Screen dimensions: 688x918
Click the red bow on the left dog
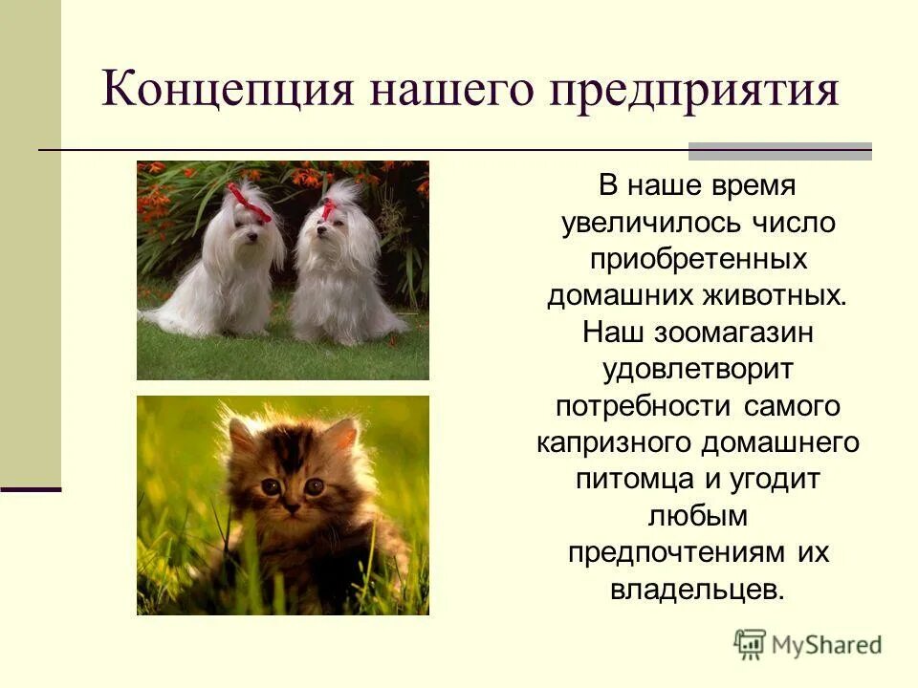251,204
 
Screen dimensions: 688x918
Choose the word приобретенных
697,259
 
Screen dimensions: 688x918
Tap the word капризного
614,442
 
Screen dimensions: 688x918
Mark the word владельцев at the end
697,589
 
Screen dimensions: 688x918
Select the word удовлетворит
697,368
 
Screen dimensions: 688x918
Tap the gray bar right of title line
780,150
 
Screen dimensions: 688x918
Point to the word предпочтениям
670,552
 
